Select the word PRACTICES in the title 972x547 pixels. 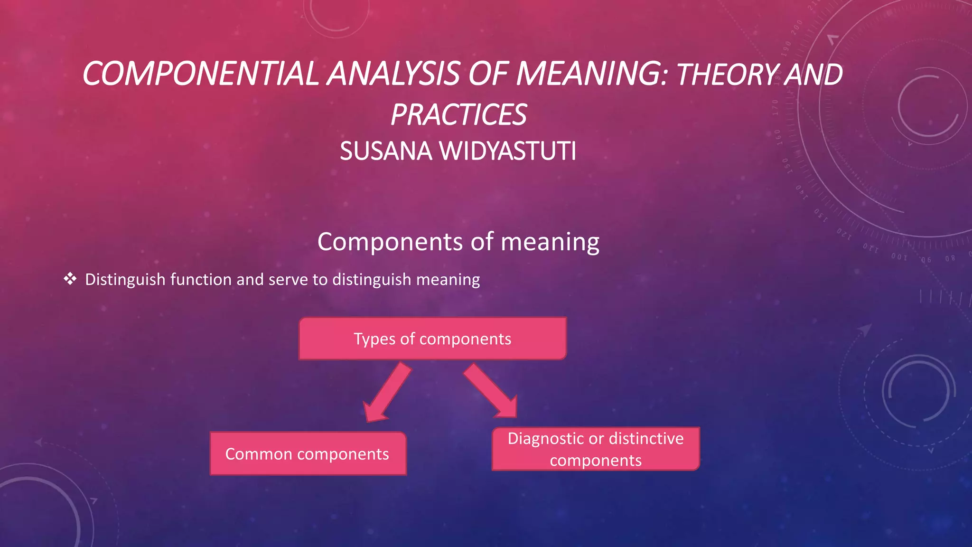(x=458, y=115)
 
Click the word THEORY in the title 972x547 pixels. (x=728, y=75)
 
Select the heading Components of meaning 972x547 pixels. (x=458, y=242)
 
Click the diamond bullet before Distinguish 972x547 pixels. (x=70, y=279)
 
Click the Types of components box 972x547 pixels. (x=432, y=339)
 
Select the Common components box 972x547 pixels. (x=308, y=453)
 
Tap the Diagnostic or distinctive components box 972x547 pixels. (x=596, y=449)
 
